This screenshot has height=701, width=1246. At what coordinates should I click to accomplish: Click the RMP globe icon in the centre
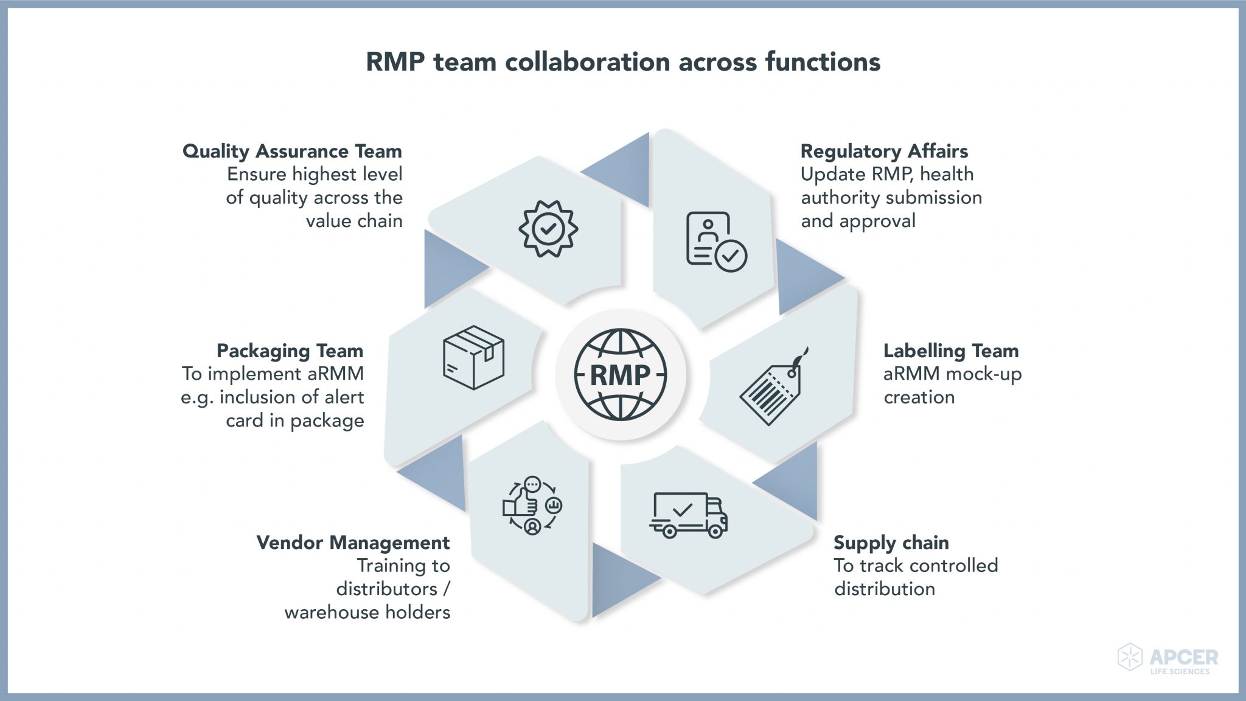(x=621, y=374)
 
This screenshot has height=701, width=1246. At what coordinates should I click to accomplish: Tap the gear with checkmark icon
(x=548, y=229)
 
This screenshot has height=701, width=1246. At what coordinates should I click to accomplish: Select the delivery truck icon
(x=688, y=515)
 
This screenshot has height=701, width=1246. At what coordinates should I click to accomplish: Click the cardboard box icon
(x=473, y=357)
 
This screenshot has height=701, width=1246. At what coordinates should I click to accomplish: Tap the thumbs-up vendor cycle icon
(x=532, y=506)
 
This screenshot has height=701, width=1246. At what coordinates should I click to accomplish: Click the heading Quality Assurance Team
(x=292, y=151)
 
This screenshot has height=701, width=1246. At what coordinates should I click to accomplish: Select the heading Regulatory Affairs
(x=884, y=151)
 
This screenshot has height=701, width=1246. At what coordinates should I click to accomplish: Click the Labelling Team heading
(x=950, y=350)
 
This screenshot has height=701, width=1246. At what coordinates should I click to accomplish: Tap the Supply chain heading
(x=891, y=542)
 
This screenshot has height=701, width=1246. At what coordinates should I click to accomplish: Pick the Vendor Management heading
(x=353, y=542)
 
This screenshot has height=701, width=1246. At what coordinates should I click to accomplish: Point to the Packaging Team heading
(x=290, y=350)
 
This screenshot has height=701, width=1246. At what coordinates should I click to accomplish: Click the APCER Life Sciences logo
(x=1168, y=659)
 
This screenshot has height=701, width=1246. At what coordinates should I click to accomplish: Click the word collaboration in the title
(x=588, y=62)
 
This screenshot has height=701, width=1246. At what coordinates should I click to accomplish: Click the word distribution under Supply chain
(x=885, y=589)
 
